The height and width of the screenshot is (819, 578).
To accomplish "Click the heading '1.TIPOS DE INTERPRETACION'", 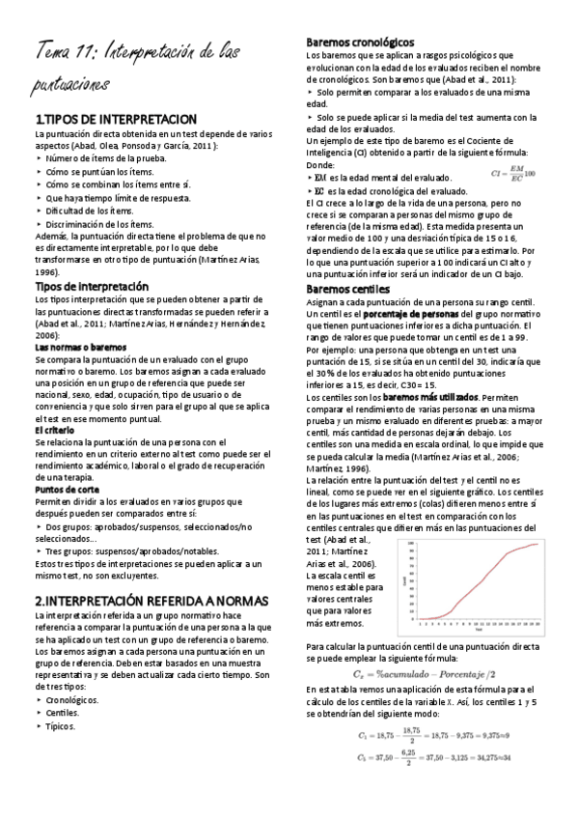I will [115, 118].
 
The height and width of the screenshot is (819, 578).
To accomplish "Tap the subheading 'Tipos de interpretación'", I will [92, 287].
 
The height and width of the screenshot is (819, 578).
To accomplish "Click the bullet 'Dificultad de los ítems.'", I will [91, 211].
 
